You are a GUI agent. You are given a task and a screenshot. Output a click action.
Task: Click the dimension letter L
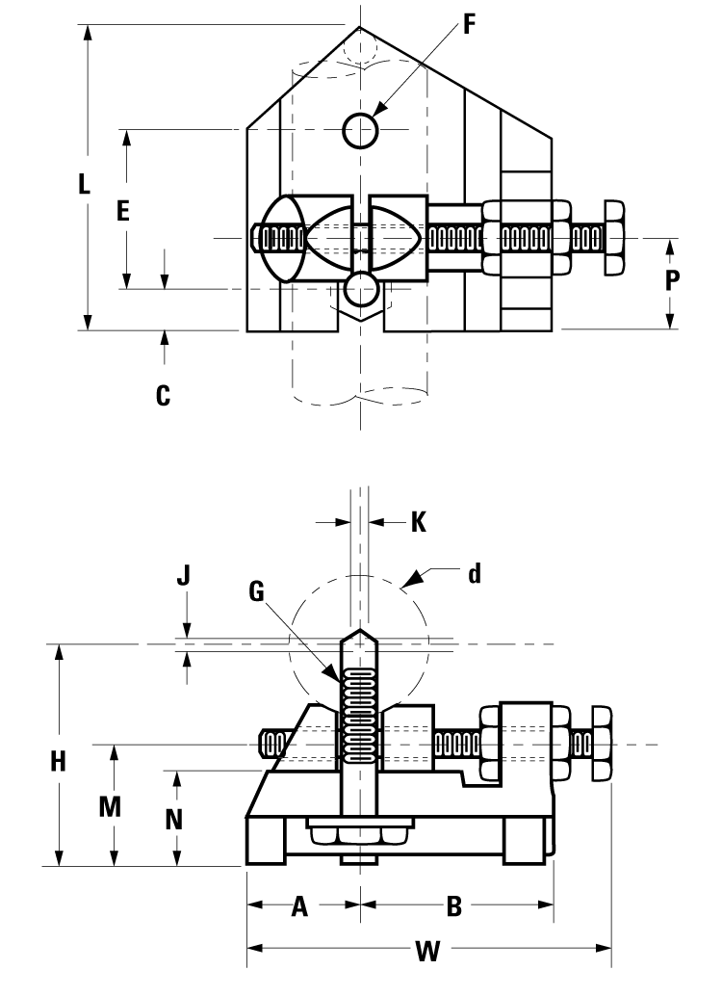85,184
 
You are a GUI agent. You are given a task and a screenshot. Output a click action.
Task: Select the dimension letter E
123,211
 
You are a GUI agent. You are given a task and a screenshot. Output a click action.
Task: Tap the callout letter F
470,24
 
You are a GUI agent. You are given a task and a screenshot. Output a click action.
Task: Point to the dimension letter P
673,280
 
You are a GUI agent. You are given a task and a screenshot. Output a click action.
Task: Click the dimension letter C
164,394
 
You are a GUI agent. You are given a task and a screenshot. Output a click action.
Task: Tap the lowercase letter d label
474,575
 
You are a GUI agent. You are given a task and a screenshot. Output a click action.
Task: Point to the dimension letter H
59,761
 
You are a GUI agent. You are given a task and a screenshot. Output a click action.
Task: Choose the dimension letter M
113,807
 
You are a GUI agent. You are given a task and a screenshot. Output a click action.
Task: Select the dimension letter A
299,906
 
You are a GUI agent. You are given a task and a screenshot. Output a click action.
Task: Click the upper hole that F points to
360,130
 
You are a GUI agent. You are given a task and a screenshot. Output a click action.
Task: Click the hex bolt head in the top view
614,237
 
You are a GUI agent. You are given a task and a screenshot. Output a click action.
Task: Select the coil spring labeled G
360,714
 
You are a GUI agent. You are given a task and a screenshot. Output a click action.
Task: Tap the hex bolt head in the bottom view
602,745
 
